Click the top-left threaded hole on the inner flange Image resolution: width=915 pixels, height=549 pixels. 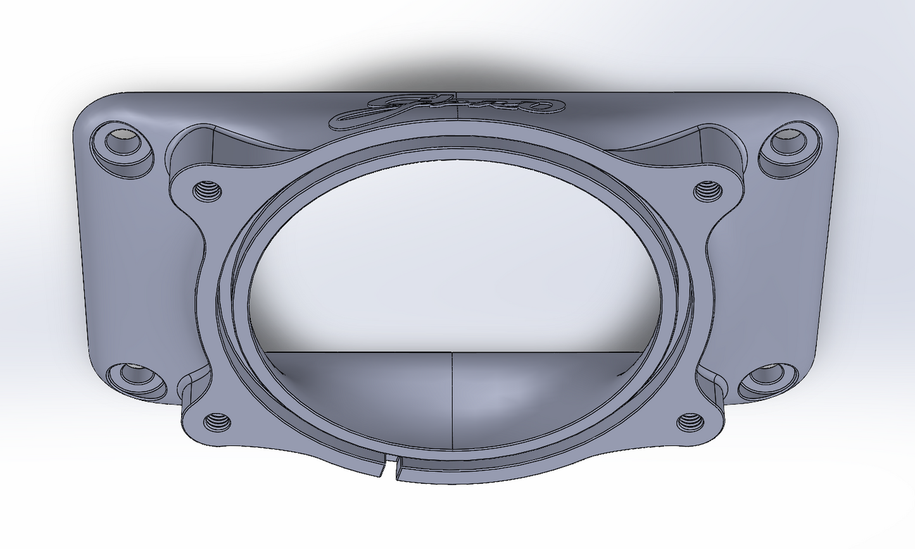pyautogui.click(x=206, y=189)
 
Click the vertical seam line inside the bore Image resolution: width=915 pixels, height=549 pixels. pyautogui.click(x=452, y=398)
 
